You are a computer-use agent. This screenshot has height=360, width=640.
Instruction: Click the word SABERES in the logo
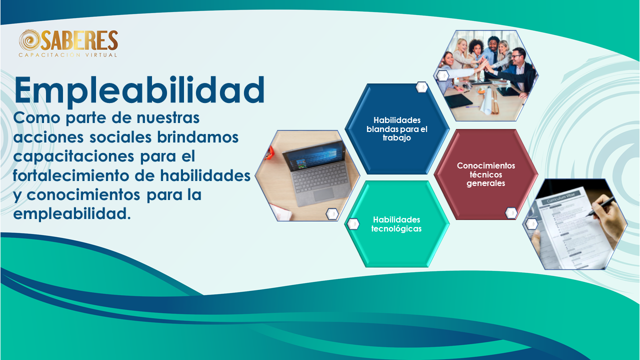click(79, 40)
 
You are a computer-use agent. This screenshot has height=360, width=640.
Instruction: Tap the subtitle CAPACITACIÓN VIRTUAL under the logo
click(68, 55)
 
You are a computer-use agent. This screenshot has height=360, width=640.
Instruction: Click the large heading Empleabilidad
click(139, 90)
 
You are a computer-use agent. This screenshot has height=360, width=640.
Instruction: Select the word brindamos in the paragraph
click(197, 137)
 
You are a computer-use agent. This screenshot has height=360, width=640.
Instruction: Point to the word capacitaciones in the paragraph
click(73, 156)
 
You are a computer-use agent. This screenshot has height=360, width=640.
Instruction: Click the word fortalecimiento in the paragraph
click(70, 175)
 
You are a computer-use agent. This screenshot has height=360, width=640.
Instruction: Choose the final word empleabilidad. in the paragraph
click(72, 214)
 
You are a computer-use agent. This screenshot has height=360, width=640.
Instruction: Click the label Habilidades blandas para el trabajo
click(397, 129)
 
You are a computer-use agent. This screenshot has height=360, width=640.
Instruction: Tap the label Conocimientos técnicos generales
click(485, 174)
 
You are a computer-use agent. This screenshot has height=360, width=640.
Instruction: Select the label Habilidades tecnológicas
click(396, 224)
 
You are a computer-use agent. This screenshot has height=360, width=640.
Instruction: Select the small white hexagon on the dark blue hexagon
click(421, 87)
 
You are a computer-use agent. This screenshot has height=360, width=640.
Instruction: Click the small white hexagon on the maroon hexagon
click(511, 213)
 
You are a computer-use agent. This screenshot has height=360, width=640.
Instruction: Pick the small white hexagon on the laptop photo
click(332, 213)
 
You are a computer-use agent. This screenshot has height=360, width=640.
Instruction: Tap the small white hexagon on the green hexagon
click(353, 223)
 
